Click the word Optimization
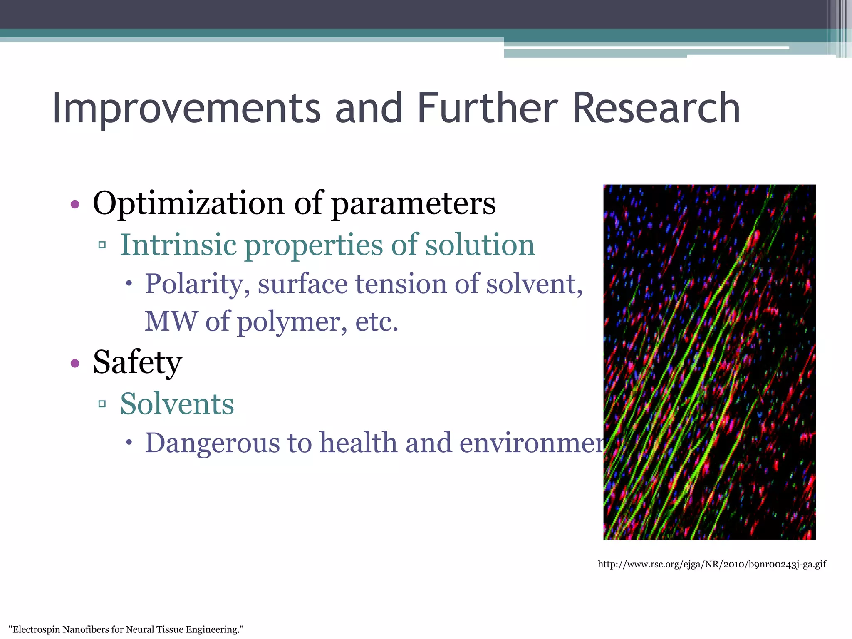point(188,204)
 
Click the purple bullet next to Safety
point(75,363)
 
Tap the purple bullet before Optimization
point(75,204)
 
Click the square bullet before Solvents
point(102,404)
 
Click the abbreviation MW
point(171,322)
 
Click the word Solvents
point(177,404)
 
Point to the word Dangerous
point(212,443)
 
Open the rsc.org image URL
point(711,565)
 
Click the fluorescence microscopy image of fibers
point(709,362)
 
